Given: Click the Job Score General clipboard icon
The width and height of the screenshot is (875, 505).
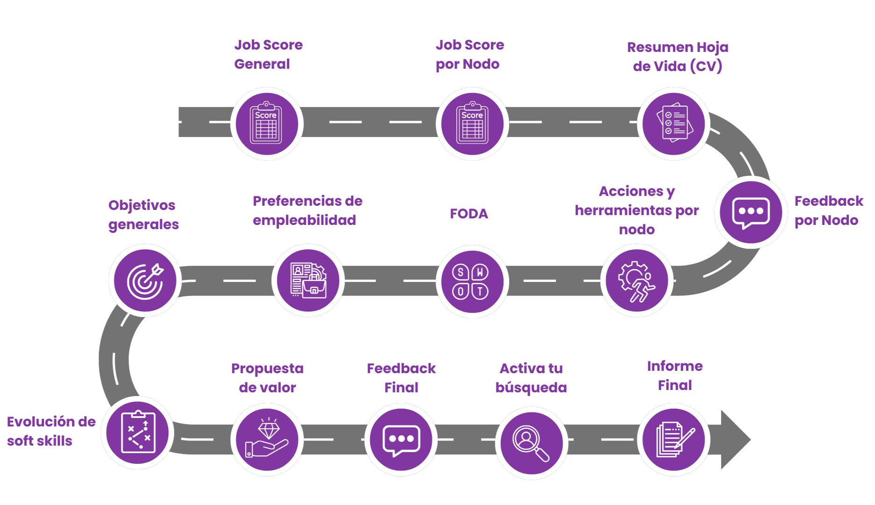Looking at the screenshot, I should coord(266,124).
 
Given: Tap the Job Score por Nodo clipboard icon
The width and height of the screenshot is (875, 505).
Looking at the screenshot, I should coord(472,124).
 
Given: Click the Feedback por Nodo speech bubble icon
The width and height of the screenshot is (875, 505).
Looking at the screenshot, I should coord(751,212).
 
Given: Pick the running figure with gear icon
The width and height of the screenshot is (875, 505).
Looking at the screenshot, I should coord(637,281).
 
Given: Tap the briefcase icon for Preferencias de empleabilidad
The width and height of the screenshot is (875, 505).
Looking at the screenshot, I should coord(308,281).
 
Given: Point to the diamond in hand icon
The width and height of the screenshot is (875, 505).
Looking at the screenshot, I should coord(267,439).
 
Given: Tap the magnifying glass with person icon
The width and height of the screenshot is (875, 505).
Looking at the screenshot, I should coord(531,442).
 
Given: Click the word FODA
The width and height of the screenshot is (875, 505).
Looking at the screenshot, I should coord(469,214).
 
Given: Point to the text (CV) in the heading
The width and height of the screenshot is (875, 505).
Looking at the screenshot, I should coord(706,66).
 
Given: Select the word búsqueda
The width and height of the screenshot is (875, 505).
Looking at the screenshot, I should coord(531,388).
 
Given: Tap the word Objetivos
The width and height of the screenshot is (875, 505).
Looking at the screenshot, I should coord(142,205).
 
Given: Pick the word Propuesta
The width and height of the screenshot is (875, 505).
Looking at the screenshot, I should coord(267,369).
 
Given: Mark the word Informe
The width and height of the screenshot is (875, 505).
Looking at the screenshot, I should coord(675,366).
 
